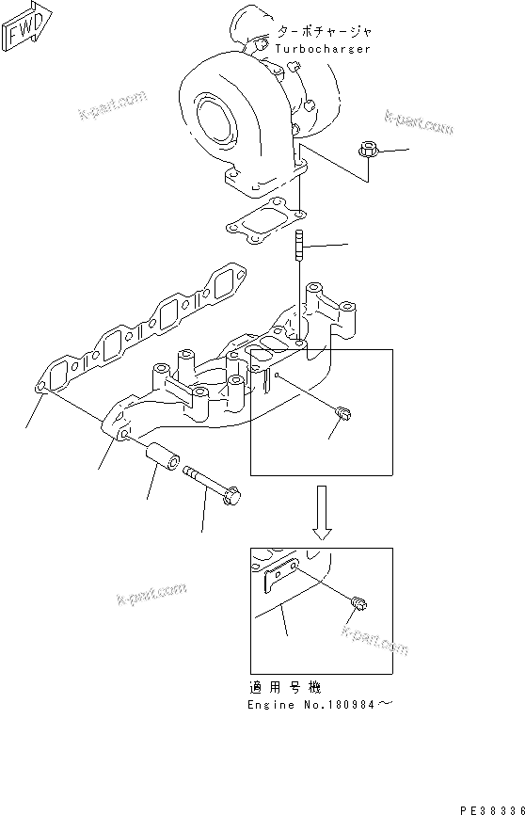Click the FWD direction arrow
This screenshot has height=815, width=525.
tap(23, 28)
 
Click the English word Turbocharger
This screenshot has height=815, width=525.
tap(323, 48)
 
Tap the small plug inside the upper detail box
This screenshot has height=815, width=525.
tap(343, 410)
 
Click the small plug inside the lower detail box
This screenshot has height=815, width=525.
tap(359, 603)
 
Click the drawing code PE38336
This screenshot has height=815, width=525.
tap(491, 807)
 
